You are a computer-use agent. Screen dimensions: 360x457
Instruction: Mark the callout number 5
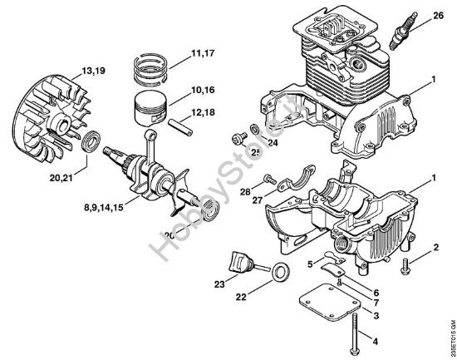click(x=309, y=266)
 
